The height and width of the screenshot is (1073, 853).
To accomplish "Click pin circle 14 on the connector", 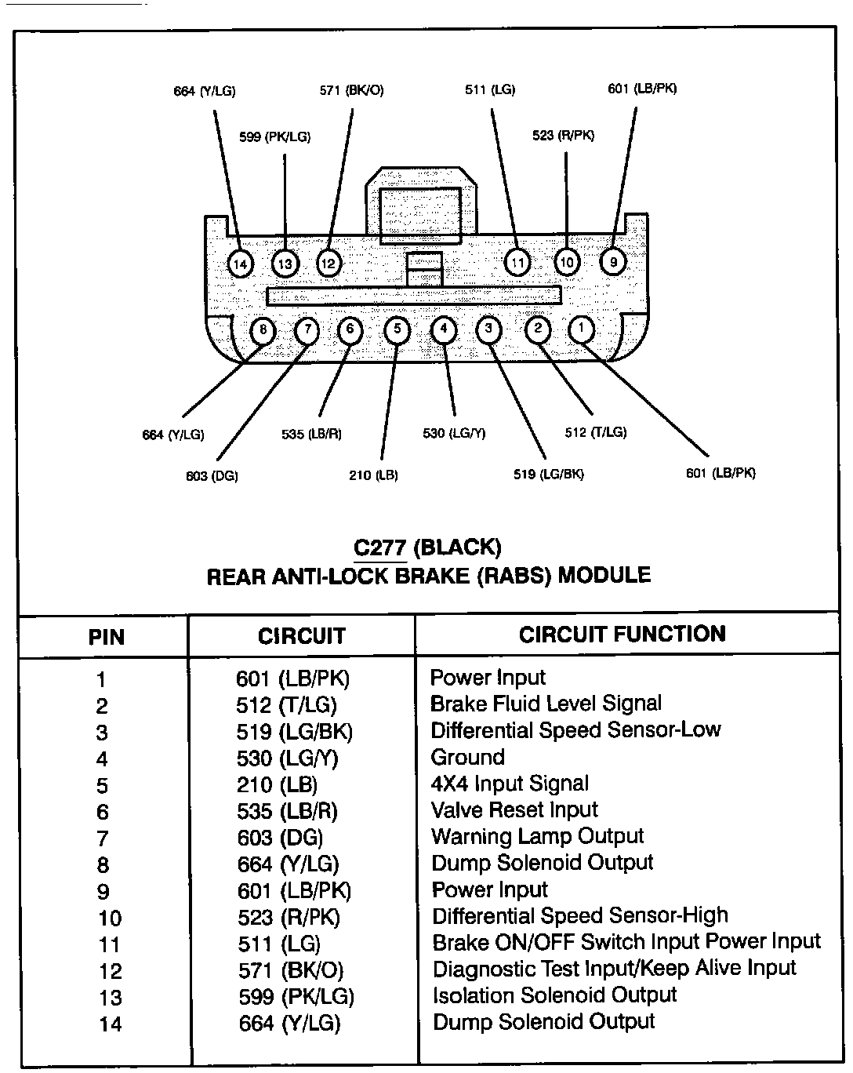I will [x=241, y=264].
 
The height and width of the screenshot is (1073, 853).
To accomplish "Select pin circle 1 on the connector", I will [x=581, y=329].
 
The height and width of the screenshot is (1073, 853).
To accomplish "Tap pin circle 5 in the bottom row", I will [x=397, y=329].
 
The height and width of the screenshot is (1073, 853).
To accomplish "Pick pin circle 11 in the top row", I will [x=517, y=262].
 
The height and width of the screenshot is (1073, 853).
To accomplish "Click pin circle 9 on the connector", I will [x=613, y=261].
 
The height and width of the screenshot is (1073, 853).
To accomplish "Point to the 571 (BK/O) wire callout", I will [x=351, y=90].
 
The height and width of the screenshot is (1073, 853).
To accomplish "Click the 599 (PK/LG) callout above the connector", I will [x=274, y=137].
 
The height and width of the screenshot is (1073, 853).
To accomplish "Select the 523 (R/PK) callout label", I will [x=563, y=136].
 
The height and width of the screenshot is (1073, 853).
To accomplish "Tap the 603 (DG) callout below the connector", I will [x=212, y=475].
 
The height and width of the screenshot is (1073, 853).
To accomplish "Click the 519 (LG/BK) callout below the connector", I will [x=549, y=474].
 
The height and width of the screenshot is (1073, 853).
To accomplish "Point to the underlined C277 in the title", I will [x=380, y=547].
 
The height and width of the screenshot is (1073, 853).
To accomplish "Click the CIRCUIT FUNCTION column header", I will [x=623, y=634].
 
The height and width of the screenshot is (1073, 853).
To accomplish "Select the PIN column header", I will [x=106, y=637].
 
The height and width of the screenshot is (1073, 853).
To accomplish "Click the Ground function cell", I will [x=467, y=757].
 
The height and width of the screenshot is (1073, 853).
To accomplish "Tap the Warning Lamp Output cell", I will [x=537, y=836].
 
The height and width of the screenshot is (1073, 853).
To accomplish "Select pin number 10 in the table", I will [x=110, y=918].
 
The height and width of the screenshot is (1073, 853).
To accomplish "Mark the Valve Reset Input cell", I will [x=514, y=809].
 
